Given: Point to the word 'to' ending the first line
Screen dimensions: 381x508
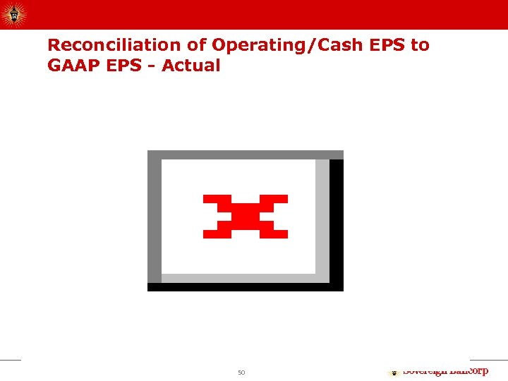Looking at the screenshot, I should coord(420,45).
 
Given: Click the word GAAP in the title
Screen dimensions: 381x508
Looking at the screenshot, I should coord(73,66).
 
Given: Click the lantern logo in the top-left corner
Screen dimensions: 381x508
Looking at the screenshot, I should coord(13,13).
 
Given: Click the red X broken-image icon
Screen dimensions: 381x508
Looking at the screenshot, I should coord(245,216).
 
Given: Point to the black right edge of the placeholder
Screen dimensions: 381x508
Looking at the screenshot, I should coord(337,222).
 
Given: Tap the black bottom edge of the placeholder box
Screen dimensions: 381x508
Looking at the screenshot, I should coord(245,287).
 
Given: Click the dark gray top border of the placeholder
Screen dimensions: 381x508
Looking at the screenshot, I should coord(245,155).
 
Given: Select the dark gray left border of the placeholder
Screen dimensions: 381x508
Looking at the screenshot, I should coord(154,219).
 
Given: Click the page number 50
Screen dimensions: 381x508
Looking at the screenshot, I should coord(241,373).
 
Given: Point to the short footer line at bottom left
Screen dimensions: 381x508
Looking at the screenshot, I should coord(11,361).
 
